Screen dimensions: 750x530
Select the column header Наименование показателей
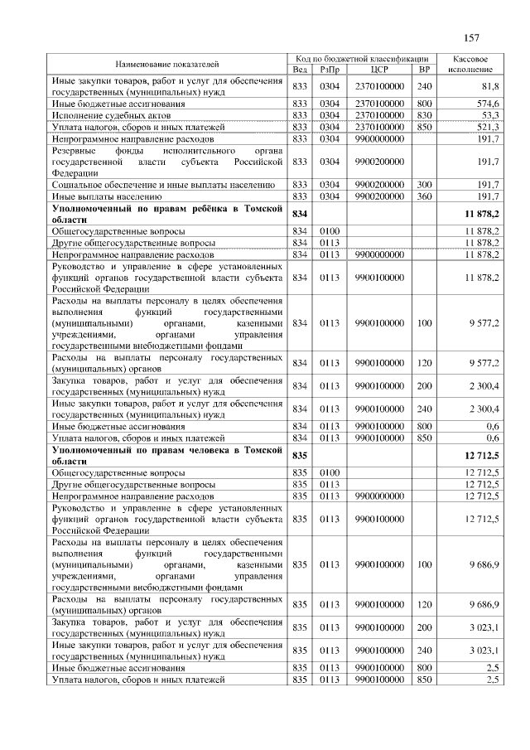pyautogui.click(x=167, y=64)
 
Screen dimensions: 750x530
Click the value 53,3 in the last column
pyautogui.click(x=489, y=115)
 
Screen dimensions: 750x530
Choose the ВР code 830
pyautogui.click(x=425, y=115)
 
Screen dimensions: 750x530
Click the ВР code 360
pyautogui.click(x=425, y=196)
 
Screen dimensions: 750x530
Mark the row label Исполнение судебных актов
pyautogui.click(x=104, y=115)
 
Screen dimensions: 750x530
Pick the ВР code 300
pyautogui.click(x=425, y=185)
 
